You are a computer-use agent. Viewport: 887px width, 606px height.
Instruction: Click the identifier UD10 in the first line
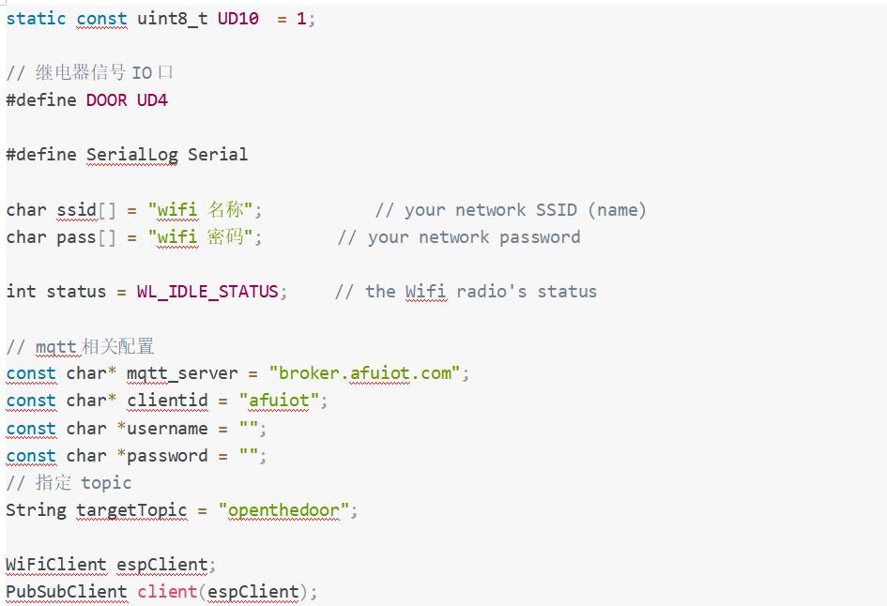238,19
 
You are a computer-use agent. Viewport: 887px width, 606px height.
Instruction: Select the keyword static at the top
36,19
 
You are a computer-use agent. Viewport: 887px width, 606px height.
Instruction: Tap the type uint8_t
173,19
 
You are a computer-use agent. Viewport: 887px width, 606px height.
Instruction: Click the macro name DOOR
106,100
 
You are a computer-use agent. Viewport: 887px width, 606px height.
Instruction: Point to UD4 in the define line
152,100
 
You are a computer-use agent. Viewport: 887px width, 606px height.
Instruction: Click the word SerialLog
132,155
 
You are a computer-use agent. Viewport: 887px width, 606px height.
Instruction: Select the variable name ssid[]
85,210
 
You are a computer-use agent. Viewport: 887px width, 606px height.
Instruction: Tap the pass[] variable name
85,237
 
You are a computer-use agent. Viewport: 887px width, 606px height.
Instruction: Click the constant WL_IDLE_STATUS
207,292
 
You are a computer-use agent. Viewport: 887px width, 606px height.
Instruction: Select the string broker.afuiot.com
365,373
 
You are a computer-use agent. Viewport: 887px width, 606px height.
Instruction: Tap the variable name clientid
166,401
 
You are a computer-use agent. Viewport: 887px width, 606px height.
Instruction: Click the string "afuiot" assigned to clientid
279,401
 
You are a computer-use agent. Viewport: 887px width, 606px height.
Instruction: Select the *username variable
162,429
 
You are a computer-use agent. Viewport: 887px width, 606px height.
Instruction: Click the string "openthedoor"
283,511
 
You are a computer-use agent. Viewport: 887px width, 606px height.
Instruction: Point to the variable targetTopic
131,511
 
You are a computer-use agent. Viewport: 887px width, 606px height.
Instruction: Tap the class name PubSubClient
67,592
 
